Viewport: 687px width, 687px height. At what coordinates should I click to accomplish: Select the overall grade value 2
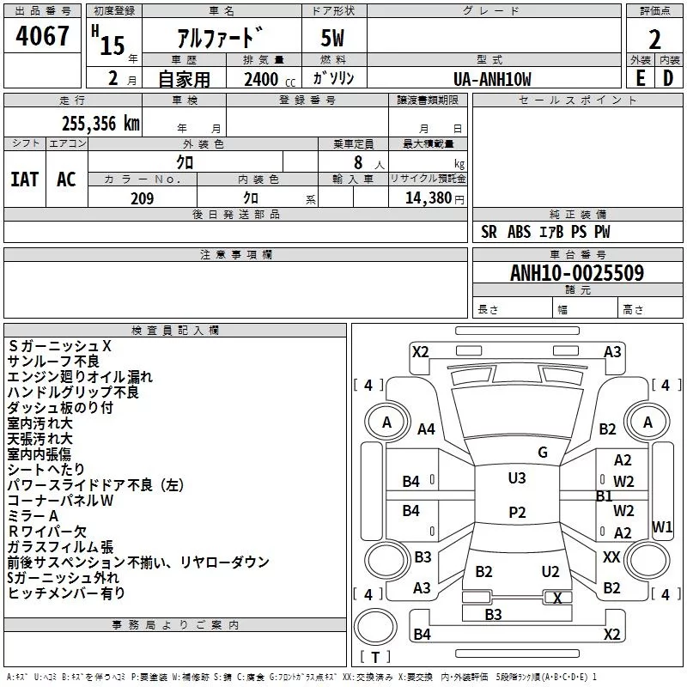(x=655, y=39)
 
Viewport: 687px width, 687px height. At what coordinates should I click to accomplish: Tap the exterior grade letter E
(x=640, y=77)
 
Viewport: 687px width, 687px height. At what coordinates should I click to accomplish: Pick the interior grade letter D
(x=668, y=77)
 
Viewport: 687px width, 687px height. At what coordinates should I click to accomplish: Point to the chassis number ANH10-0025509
(x=577, y=273)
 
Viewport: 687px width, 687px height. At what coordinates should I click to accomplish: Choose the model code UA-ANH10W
(x=493, y=78)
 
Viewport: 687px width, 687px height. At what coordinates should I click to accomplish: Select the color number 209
(x=142, y=198)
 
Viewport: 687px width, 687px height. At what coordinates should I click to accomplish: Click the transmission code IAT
(x=25, y=179)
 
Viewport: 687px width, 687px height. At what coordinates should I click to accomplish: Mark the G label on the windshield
(x=542, y=453)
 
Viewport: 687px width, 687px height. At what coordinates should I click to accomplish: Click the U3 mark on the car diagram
(x=517, y=478)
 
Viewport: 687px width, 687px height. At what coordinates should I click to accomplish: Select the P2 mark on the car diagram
(x=517, y=512)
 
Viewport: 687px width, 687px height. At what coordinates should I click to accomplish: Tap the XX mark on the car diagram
(x=611, y=557)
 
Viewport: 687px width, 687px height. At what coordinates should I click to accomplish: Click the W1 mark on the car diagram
(x=662, y=526)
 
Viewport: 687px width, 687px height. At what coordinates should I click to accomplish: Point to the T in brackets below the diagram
(x=375, y=657)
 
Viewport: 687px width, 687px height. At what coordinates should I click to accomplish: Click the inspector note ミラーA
(x=33, y=515)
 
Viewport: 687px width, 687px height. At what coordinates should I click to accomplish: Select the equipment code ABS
(x=519, y=232)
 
